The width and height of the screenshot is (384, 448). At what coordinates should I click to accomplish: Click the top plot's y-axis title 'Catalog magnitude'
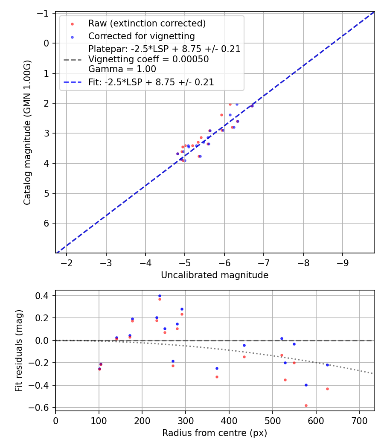click(x=27, y=133)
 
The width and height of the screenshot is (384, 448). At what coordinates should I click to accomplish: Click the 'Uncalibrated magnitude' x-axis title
click(x=215, y=275)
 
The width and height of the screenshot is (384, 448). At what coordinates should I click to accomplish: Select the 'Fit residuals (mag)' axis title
click(x=18, y=351)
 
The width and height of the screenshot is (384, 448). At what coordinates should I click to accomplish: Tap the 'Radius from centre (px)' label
click(x=215, y=433)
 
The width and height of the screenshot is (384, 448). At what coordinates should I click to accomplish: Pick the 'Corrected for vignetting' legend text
click(x=142, y=36)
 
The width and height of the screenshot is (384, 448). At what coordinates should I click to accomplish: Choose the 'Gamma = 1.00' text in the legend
click(x=122, y=69)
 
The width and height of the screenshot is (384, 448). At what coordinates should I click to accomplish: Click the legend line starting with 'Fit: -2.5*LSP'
click(x=151, y=82)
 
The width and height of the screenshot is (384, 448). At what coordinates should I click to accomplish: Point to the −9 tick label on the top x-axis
click(x=343, y=261)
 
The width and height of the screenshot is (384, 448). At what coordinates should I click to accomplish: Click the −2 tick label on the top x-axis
click(x=67, y=261)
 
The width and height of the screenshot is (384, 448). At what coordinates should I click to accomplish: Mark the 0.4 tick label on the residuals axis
click(x=43, y=296)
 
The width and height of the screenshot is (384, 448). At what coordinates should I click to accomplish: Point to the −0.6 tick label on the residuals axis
click(x=41, y=407)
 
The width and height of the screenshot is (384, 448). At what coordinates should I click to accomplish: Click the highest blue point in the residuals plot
click(x=160, y=296)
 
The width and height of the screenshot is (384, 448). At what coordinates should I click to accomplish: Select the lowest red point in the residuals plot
click(x=306, y=405)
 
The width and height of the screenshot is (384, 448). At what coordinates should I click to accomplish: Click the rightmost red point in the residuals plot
click(x=327, y=389)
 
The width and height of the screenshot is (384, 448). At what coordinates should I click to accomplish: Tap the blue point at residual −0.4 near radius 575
click(x=306, y=385)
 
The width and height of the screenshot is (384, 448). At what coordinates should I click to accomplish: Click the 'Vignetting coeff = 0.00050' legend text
click(x=148, y=59)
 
